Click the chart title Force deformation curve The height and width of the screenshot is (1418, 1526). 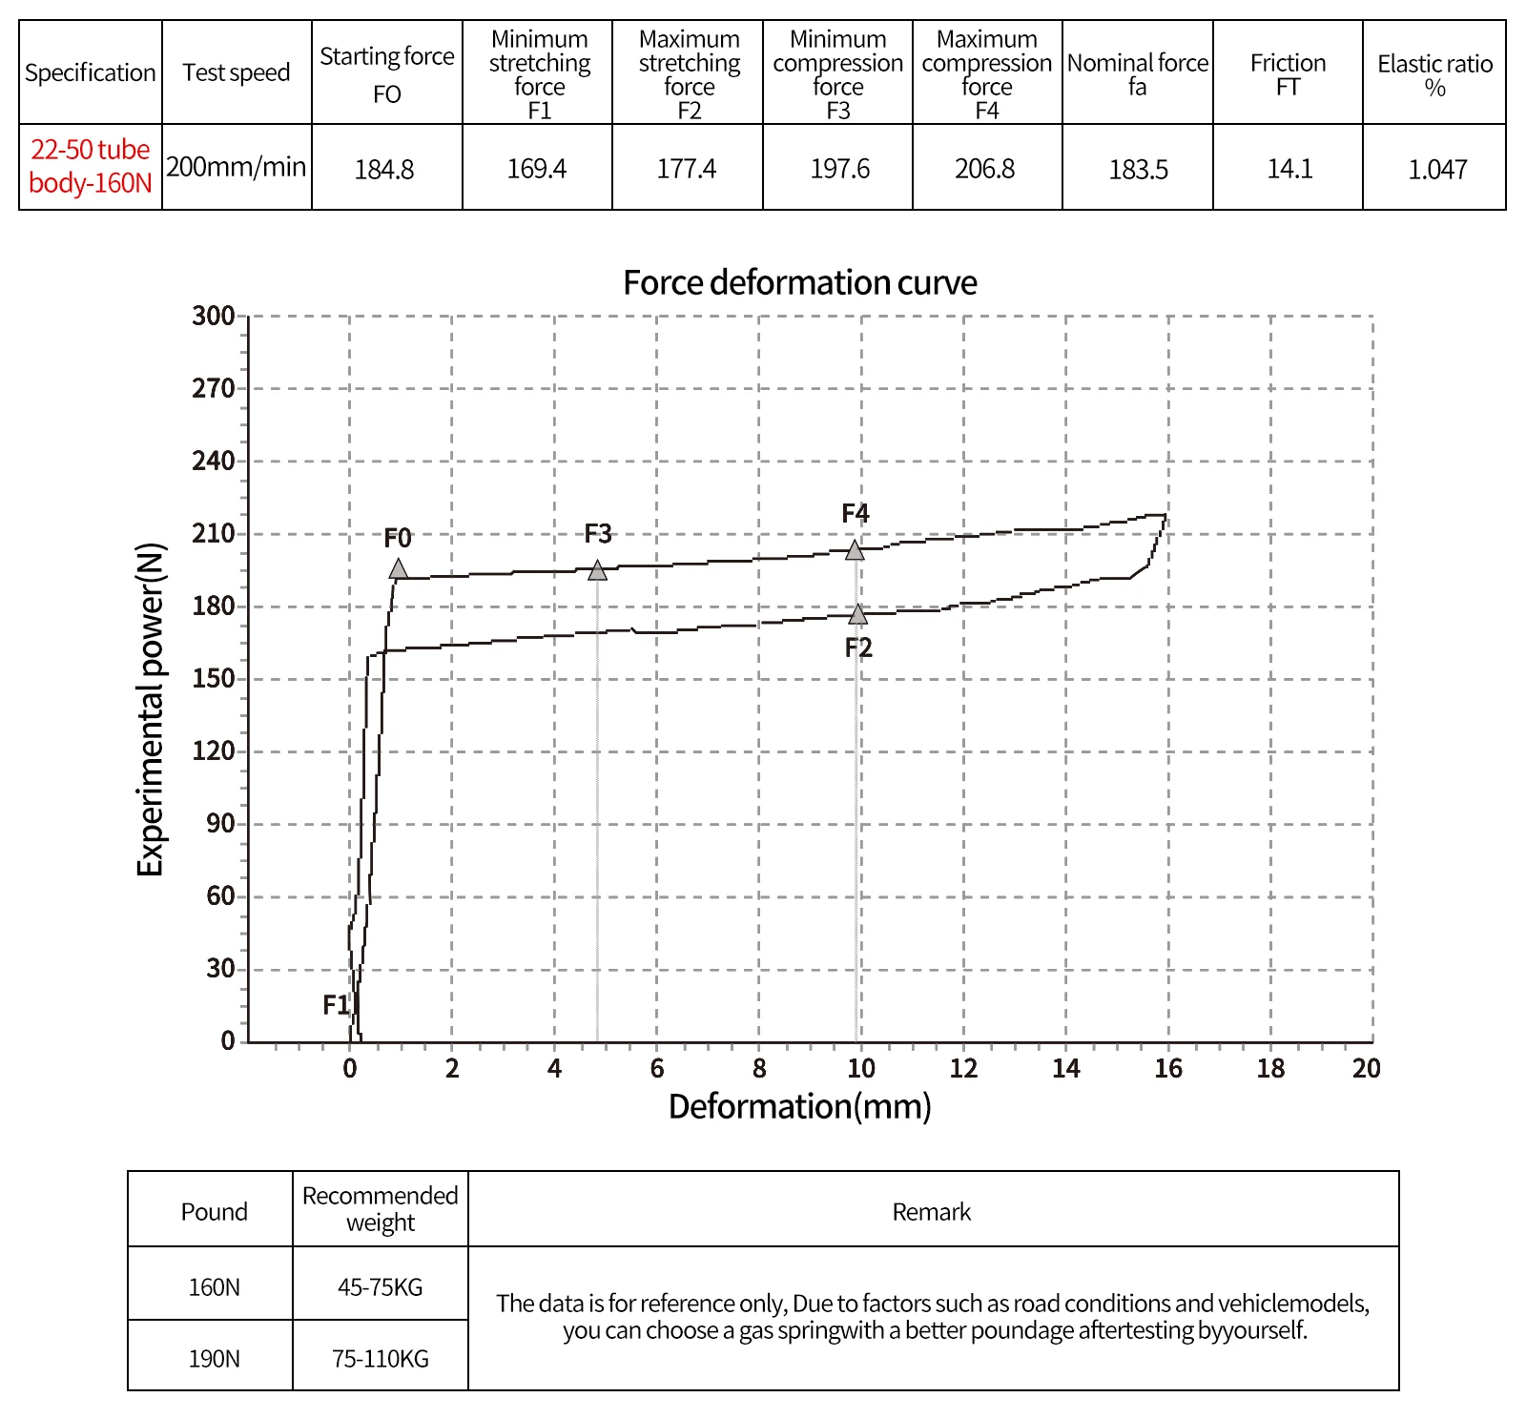click(x=800, y=282)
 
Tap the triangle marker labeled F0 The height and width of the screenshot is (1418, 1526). click(x=399, y=569)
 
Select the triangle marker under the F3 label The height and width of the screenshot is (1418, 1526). click(x=598, y=570)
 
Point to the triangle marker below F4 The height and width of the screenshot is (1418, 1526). click(x=856, y=550)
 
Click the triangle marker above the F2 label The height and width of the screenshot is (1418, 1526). click(x=858, y=614)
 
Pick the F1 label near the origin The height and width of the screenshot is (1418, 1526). click(x=336, y=1004)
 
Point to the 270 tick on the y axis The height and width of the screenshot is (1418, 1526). click(x=214, y=388)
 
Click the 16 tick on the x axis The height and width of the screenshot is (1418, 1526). click(x=1168, y=1068)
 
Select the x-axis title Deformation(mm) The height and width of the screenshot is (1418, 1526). click(x=800, y=1106)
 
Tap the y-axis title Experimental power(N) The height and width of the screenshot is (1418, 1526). click(x=151, y=709)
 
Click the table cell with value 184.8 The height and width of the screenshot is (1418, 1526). click(x=384, y=170)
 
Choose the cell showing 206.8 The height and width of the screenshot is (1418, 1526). click(x=985, y=169)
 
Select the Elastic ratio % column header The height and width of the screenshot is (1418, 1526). click(x=1435, y=75)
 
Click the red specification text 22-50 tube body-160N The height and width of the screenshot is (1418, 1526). click(x=91, y=166)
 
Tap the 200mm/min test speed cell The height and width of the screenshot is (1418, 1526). click(x=237, y=167)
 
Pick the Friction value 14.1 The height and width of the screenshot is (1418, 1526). click(x=1289, y=169)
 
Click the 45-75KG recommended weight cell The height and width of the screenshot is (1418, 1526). click(x=381, y=1287)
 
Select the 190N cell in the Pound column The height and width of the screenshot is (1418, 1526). click(x=215, y=1359)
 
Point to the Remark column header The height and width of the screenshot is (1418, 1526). click(x=932, y=1212)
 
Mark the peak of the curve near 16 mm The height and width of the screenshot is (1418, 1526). click(x=1165, y=515)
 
